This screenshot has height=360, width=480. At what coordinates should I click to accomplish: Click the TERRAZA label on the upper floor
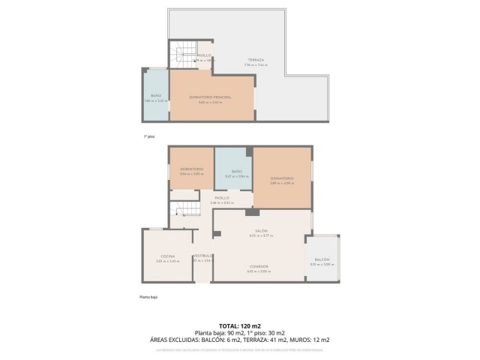click(x=255, y=59)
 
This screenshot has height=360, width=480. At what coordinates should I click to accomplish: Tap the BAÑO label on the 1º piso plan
click(x=156, y=95)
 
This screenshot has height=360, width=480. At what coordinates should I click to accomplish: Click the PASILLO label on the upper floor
click(x=204, y=55)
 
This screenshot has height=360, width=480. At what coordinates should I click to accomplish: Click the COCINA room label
click(x=166, y=256)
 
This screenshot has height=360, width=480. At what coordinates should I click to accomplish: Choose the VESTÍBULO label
click(x=203, y=256)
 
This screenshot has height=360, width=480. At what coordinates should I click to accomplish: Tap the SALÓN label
click(x=261, y=230)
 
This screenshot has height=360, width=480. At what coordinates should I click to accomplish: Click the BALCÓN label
click(x=322, y=259)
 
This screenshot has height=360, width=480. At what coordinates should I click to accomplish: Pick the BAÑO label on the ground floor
click(x=236, y=172)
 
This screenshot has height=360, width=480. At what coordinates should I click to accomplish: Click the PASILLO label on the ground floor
click(x=222, y=197)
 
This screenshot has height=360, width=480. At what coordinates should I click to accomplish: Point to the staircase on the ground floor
click(x=185, y=211)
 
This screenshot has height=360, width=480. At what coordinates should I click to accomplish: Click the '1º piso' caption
click(x=148, y=136)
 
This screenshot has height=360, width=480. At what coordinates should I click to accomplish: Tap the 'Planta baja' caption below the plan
click(x=148, y=297)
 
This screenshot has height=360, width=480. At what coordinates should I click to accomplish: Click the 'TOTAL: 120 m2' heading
click(x=239, y=326)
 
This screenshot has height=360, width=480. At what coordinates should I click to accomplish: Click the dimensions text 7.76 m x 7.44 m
click(x=255, y=64)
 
